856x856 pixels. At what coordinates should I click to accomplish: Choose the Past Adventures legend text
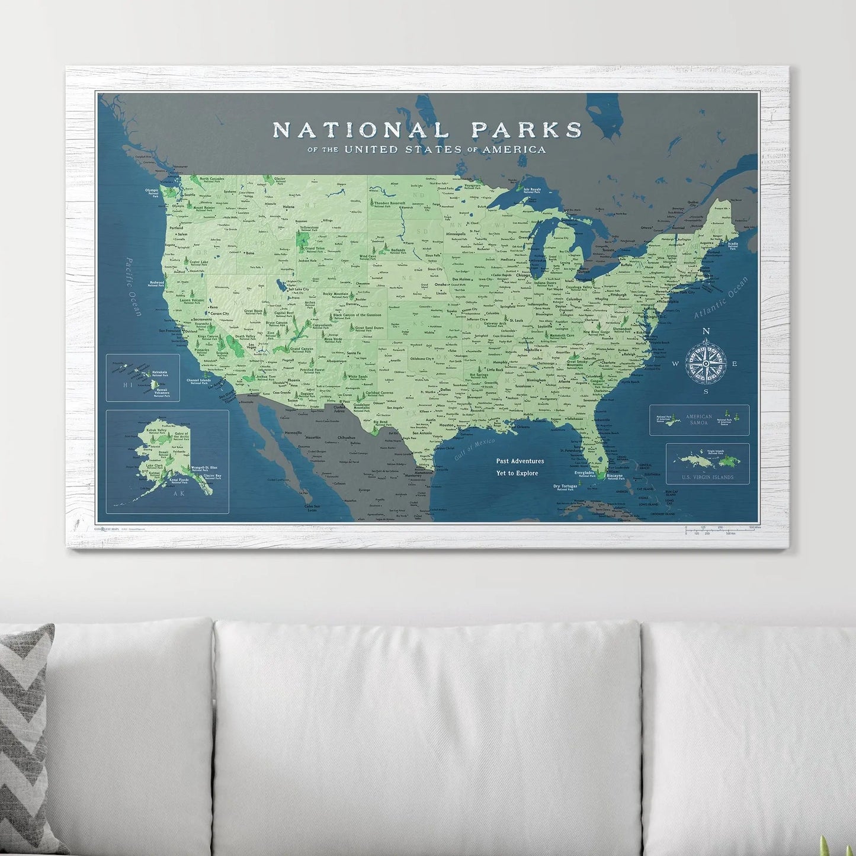click(x=520, y=461)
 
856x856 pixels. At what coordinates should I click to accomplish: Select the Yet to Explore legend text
click(x=517, y=473)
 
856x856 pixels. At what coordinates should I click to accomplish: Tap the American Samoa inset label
click(x=699, y=419)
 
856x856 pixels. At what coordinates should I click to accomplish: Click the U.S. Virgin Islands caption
click(x=707, y=477)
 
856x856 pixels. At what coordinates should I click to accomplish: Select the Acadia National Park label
click(x=733, y=245)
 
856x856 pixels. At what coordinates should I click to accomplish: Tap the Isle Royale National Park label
click(x=532, y=190)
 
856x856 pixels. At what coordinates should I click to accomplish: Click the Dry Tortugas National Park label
click(x=565, y=487)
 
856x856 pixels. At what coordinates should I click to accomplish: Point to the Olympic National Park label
click(x=152, y=191)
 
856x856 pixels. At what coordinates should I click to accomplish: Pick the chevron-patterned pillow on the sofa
click(x=27, y=740)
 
